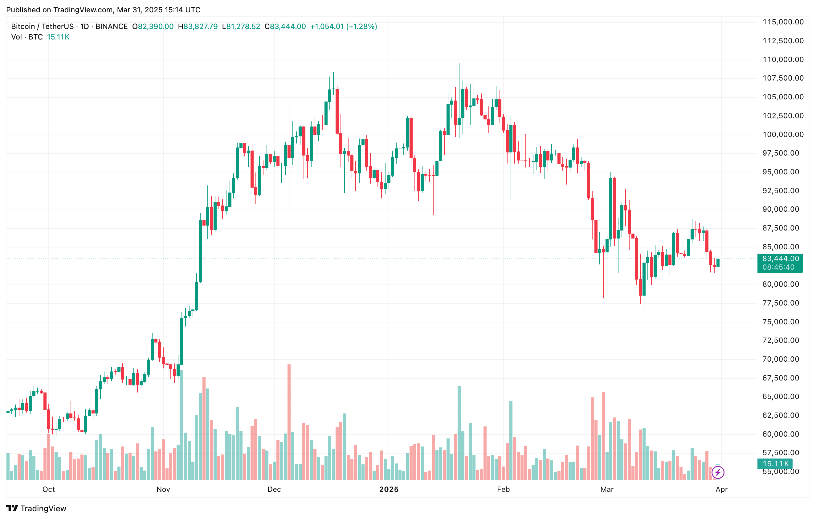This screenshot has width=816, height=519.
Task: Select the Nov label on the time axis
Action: point(163,489)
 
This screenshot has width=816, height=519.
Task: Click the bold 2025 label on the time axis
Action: point(389,489)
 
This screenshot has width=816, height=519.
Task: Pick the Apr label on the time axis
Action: point(721,489)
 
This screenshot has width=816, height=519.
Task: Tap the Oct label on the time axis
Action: point(48,489)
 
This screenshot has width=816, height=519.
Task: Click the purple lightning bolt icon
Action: point(718,472)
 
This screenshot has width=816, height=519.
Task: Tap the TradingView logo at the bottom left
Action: point(36,508)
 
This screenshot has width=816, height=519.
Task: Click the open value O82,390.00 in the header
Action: point(153,27)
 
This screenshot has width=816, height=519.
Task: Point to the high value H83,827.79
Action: point(198,27)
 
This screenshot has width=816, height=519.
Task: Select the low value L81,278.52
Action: point(241,27)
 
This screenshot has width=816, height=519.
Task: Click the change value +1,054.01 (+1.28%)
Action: point(343,27)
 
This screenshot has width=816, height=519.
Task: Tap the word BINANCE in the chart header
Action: point(112,27)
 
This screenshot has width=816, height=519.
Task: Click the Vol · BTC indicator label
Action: point(27,37)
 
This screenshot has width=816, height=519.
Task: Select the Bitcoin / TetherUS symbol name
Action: point(42,27)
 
